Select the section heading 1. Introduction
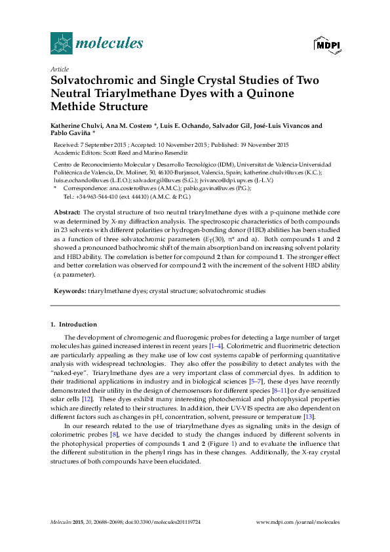coord(73,325)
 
